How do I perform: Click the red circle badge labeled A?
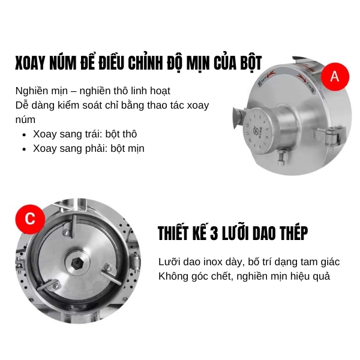click(335, 76)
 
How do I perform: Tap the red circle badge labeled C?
click(29, 219)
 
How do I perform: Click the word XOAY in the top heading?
click(31, 63)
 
